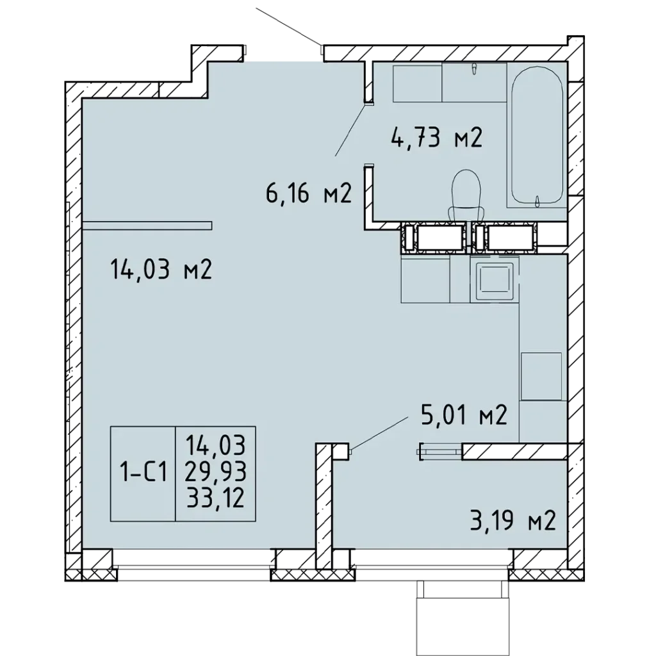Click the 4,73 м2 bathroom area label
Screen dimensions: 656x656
[x=437, y=138]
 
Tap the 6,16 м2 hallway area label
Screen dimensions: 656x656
[x=308, y=193]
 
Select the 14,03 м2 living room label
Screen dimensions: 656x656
[x=161, y=269]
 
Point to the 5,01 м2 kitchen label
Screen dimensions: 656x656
[x=464, y=415]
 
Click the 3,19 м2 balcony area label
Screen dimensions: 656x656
[x=513, y=520]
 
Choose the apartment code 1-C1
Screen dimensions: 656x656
[x=143, y=473]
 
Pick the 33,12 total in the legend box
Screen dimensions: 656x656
[x=215, y=498]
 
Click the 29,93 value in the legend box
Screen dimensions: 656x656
[x=215, y=472]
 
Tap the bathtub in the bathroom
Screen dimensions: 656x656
[x=537, y=135]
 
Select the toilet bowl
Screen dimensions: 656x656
[x=466, y=195]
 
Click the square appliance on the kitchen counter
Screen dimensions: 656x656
[x=541, y=376]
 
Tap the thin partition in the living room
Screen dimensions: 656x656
[x=147, y=226]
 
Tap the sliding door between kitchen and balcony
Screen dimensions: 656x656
[x=440, y=451]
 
